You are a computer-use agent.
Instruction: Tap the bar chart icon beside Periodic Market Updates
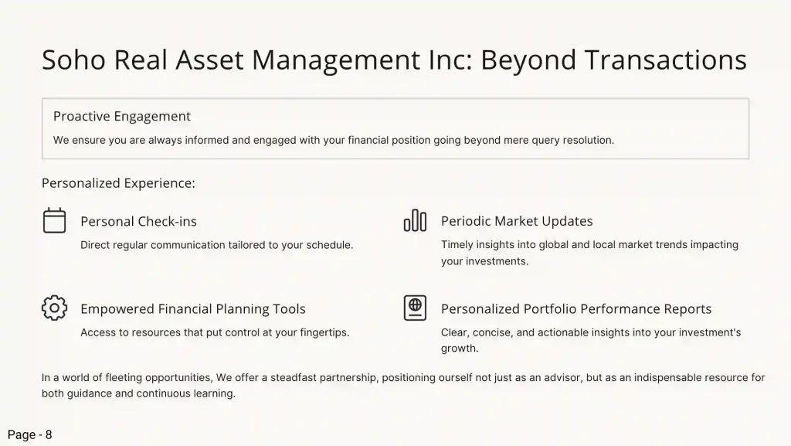pos(415,220)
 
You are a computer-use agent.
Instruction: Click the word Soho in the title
pos(73,60)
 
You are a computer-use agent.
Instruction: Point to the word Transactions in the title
pos(665,60)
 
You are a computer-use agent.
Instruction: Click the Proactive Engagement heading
pos(122,116)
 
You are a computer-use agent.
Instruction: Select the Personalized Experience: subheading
pos(118,182)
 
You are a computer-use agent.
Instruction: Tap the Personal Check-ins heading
pos(139,221)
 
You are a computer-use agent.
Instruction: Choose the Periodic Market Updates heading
pos(517,221)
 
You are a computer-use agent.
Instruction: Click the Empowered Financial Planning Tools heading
pos(193,308)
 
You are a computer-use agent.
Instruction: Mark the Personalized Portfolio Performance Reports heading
pos(576,308)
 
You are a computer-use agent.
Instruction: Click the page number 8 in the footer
pos(49,435)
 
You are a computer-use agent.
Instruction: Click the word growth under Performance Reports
pos(460,348)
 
